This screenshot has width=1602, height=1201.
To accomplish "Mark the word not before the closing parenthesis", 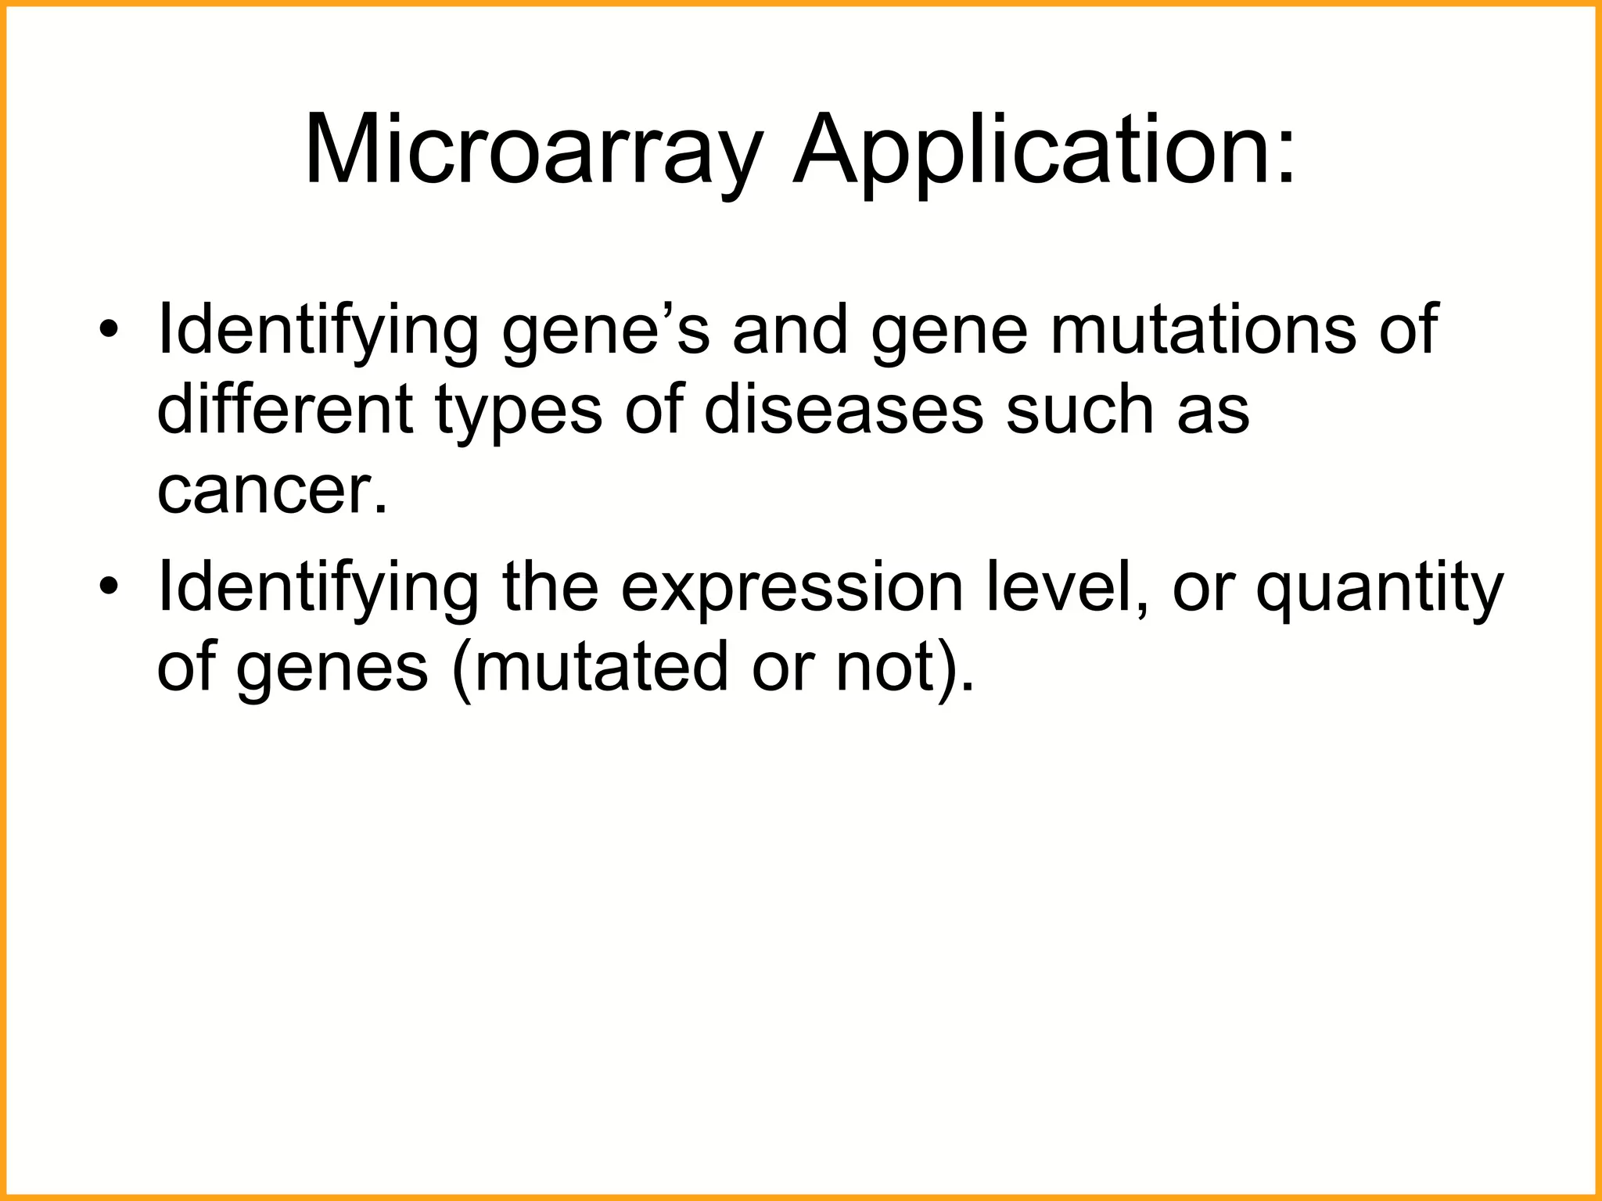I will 885,668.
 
